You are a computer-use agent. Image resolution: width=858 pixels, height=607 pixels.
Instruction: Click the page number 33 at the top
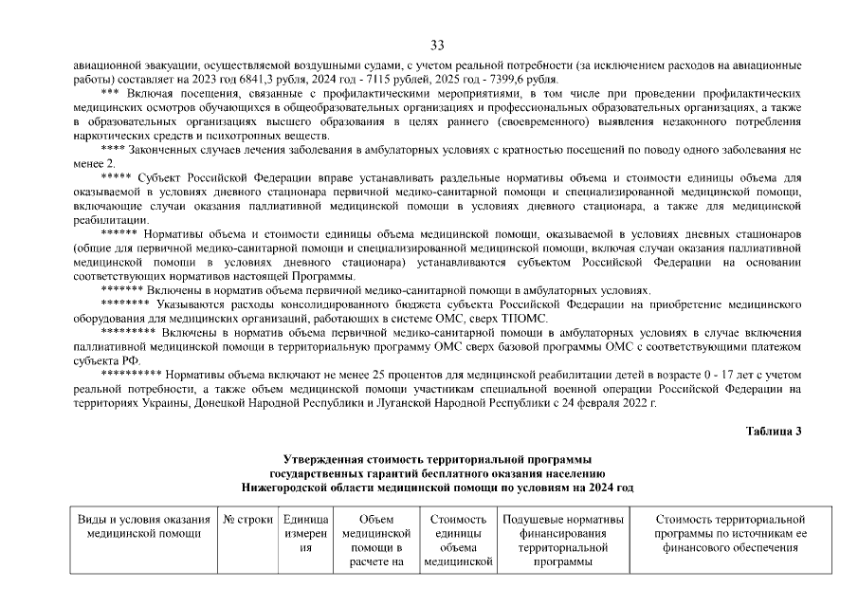pos(438,45)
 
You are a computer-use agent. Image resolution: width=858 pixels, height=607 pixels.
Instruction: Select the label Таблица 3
pos(774,431)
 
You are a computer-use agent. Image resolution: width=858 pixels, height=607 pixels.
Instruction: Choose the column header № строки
pos(247,520)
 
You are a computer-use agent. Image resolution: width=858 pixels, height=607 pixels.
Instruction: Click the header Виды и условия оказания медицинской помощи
pos(143,526)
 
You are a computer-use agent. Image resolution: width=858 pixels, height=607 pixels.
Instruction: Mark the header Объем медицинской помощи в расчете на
pos(371,540)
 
